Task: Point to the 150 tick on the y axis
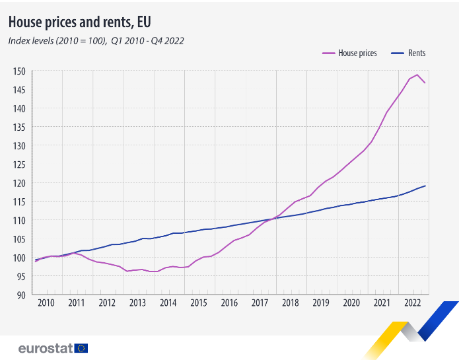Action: [x=19, y=71]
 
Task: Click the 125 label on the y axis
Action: [x=19, y=164]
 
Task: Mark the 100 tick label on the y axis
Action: [x=19, y=258]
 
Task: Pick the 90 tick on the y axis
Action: [x=21, y=295]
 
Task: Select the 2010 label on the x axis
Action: [x=46, y=303]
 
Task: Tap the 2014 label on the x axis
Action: [x=168, y=303]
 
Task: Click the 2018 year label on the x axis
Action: [x=290, y=303]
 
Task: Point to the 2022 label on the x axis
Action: [x=413, y=303]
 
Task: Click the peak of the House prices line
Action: [x=417, y=75]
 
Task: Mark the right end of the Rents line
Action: [x=425, y=186]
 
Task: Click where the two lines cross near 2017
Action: [x=273, y=219]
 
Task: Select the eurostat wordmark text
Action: [x=45, y=348]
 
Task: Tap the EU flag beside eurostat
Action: [x=81, y=348]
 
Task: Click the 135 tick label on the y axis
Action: [x=19, y=127]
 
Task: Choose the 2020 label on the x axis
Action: [x=351, y=303]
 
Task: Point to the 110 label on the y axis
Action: [x=19, y=221]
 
